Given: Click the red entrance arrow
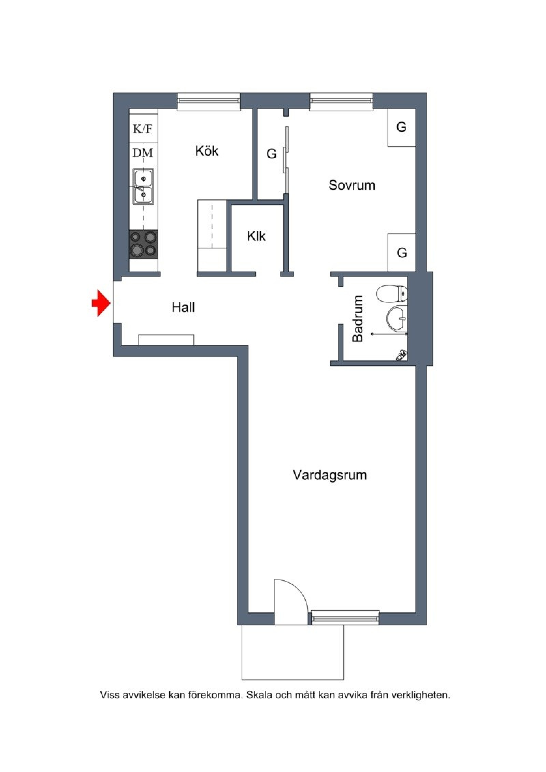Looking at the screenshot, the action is (x=101, y=303).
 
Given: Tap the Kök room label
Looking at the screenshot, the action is (x=207, y=151).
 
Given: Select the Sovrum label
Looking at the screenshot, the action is (x=352, y=185).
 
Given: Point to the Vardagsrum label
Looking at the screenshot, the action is (x=330, y=475).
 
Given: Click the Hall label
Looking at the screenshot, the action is (x=183, y=307).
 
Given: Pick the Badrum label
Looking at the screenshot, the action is (x=358, y=319).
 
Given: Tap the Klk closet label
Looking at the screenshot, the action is (x=256, y=236).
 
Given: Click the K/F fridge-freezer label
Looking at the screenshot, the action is (x=143, y=129).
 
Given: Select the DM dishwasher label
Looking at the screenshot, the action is (x=143, y=153).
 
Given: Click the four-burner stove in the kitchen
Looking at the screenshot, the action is (x=143, y=244).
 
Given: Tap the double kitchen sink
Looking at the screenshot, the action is (x=143, y=186).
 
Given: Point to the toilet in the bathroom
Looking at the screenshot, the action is (x=392, y=293).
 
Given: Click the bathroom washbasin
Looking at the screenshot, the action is (x=397, y=319).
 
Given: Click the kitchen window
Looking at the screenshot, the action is (x=209, y=101).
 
